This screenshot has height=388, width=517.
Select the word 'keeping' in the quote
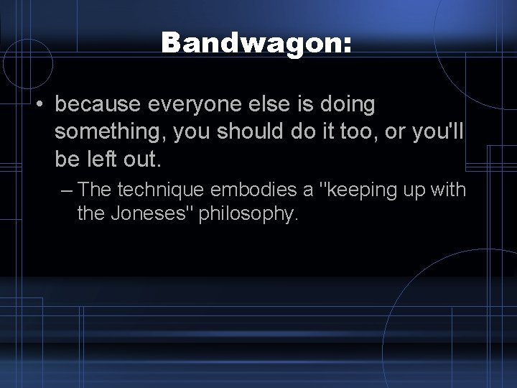359,190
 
